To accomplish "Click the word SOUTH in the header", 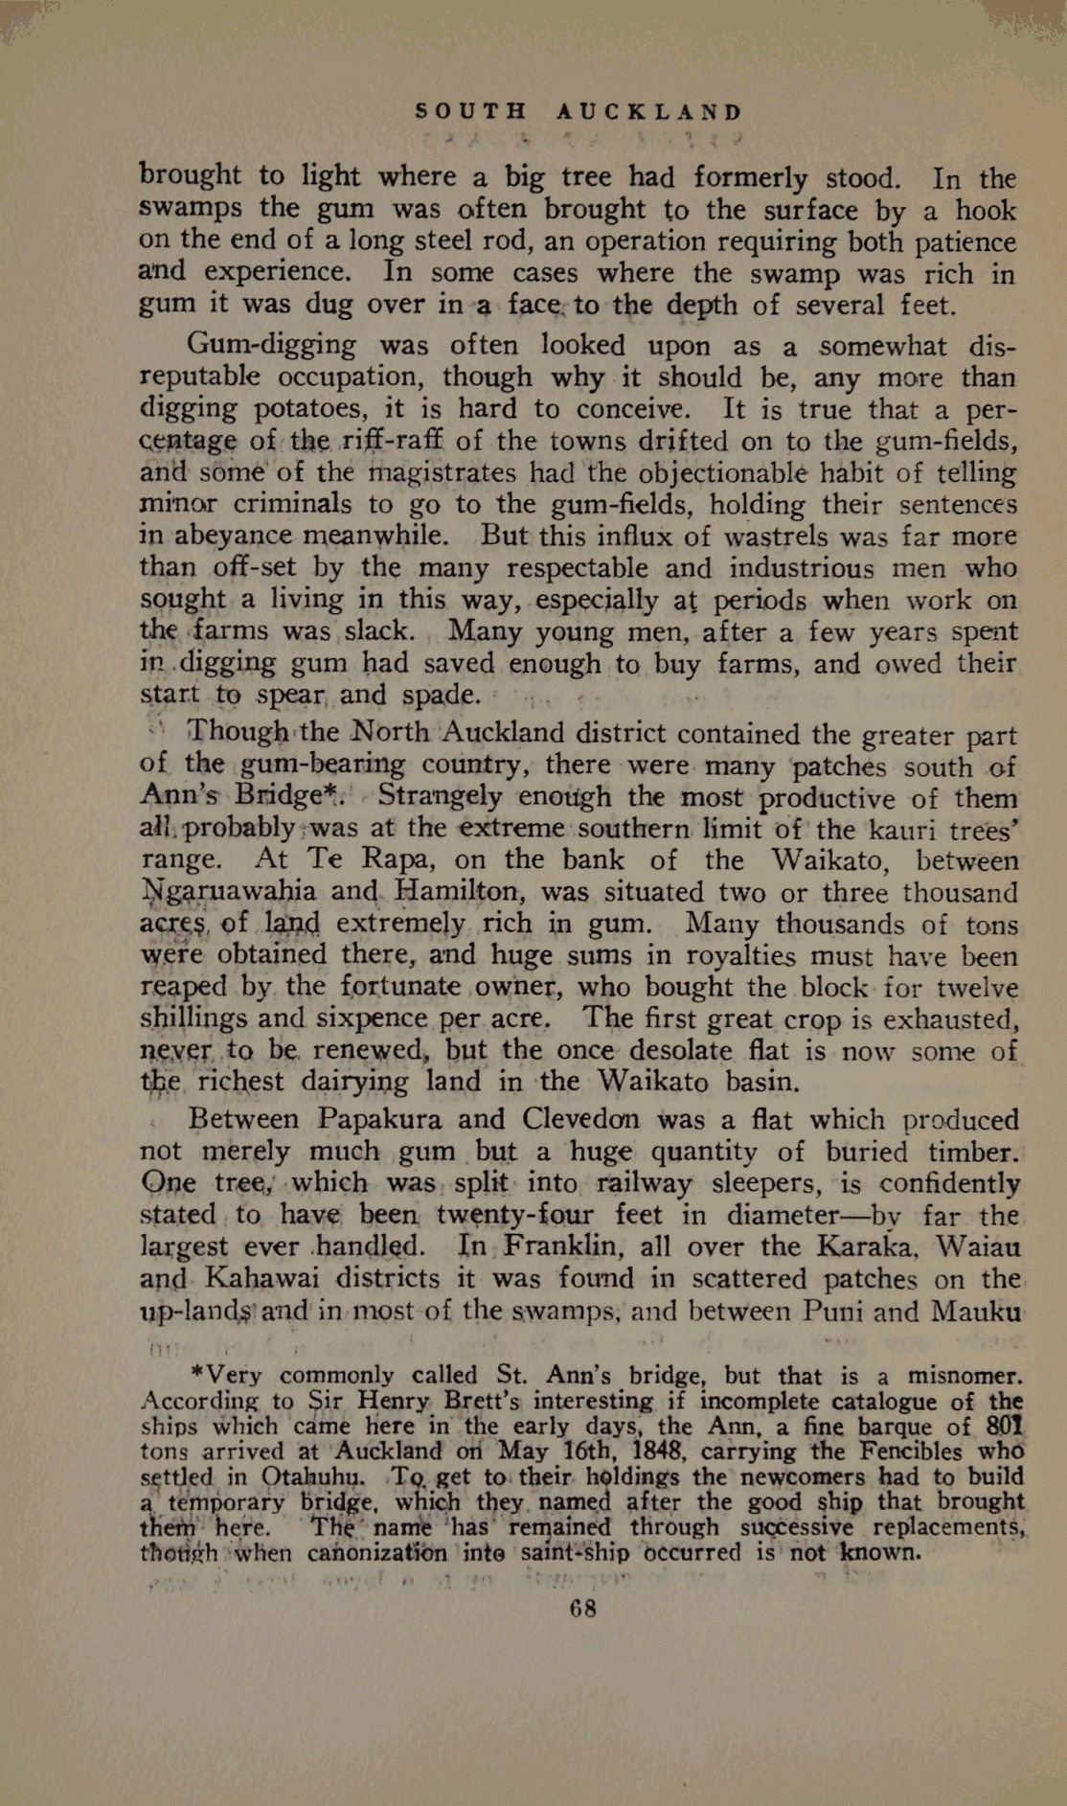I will pos(471,112).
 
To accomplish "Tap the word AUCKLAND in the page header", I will pos(649,112).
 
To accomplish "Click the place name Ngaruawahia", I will pos(228,892).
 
